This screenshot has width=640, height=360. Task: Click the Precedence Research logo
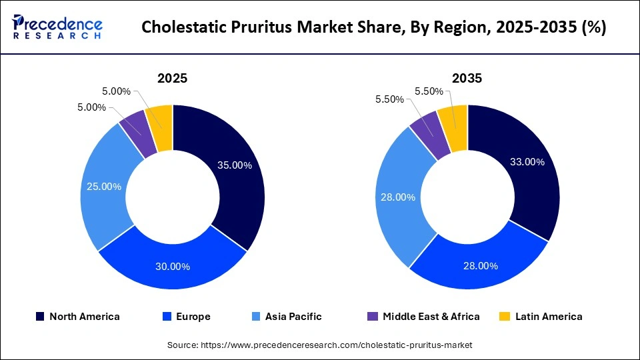[x=57, y=27]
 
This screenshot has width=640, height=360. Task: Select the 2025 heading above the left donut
[x=172, y=78]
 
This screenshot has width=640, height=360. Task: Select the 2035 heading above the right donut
[x=467, y=78]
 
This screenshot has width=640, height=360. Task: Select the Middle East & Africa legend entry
[x=424, y=317]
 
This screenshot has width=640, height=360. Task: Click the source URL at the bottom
[x=320, y=345]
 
